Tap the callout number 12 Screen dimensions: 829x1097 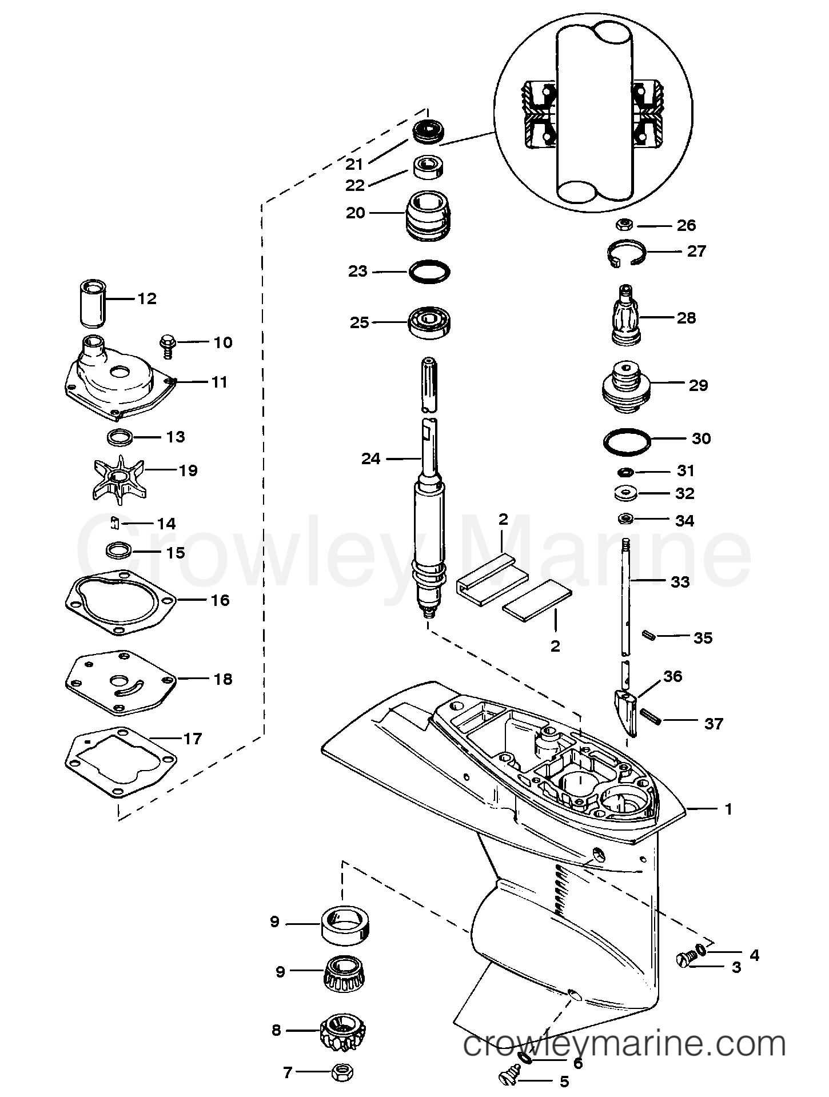pos(147,299)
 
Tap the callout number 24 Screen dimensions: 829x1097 pos(371,458)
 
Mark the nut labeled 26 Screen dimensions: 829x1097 pos(625,225)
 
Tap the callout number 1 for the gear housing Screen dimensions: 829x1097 pos(728,809)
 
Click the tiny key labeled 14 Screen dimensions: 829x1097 pos(114,523)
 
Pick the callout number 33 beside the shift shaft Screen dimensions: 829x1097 pos(680,583)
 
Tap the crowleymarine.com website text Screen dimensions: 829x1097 pos(624,1046)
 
